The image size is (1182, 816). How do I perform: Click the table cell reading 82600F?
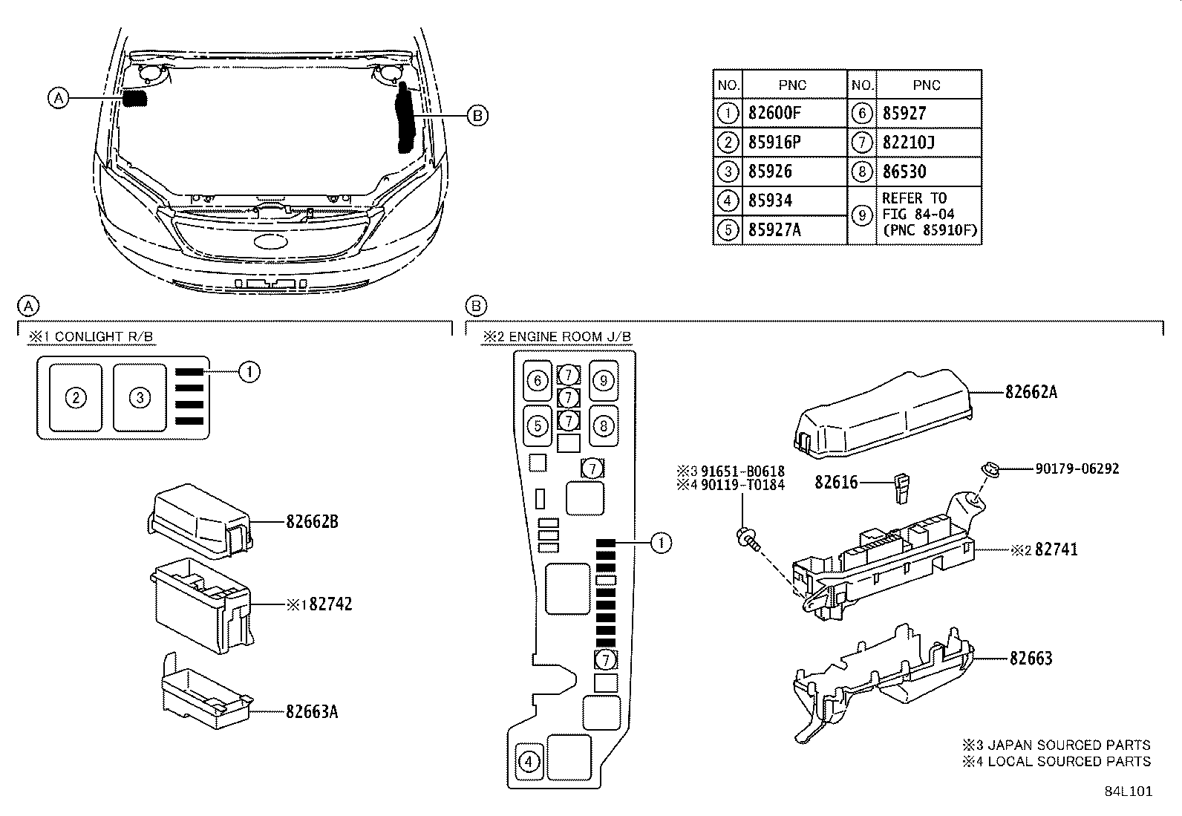(775, 114)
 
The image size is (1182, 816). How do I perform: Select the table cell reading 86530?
(904, 172)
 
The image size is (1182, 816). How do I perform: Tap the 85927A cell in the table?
(775, 230)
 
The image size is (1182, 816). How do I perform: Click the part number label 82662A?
(1031, 392)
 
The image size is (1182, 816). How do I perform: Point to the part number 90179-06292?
(1077, 469)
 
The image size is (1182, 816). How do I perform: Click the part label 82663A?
(312, 711)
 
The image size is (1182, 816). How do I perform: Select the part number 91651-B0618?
(742, 471)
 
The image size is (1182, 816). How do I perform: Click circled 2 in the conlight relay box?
(75, 397)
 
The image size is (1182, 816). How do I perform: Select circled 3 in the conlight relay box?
(140, 397)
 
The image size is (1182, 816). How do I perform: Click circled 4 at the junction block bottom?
(529, 762)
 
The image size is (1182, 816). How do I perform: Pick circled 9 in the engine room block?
(604, 381)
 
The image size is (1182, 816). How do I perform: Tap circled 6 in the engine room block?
(538, 381)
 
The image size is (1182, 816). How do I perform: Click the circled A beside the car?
(58, 97)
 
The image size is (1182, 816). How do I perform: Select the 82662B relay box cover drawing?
(200, 521)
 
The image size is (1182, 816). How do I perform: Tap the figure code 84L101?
(1128, 791)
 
